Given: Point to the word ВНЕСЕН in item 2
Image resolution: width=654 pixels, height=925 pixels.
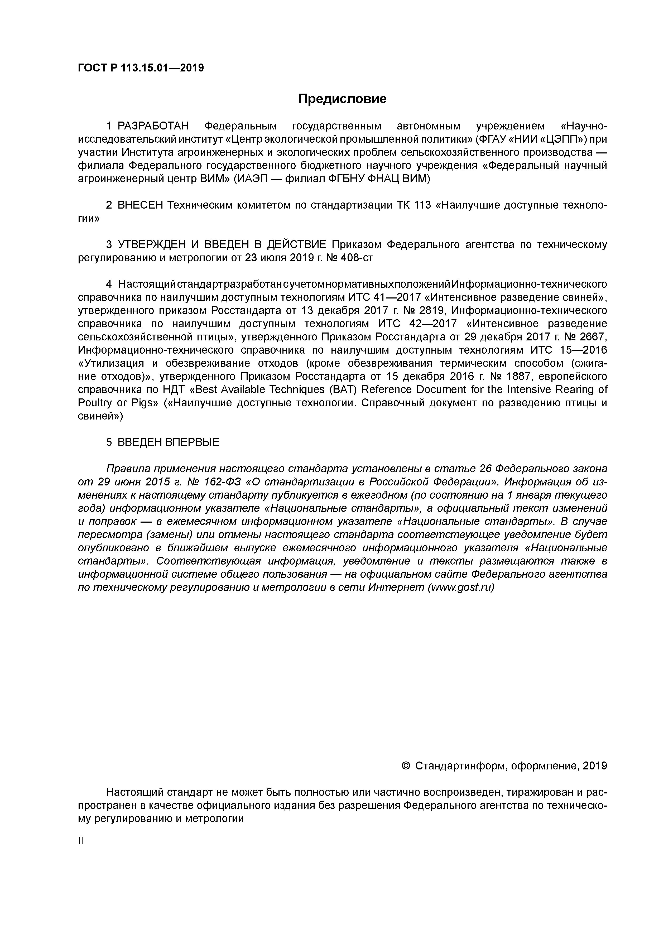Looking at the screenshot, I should [x=140, y=205].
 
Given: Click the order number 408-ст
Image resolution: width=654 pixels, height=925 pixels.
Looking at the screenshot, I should [x=357, y=258].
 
